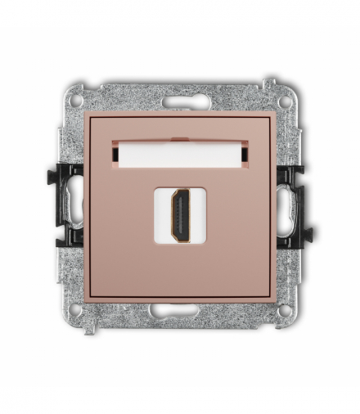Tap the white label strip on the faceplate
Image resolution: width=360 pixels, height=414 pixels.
coord(180,152)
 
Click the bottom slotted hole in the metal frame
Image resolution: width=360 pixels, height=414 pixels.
coord(180,309)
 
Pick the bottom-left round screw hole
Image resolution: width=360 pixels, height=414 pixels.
coord(75,310)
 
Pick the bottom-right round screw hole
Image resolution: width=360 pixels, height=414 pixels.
coord(284,310)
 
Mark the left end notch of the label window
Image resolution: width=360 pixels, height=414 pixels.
coord(115,152)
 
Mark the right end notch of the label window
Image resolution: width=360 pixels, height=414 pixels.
coord(245,152)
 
